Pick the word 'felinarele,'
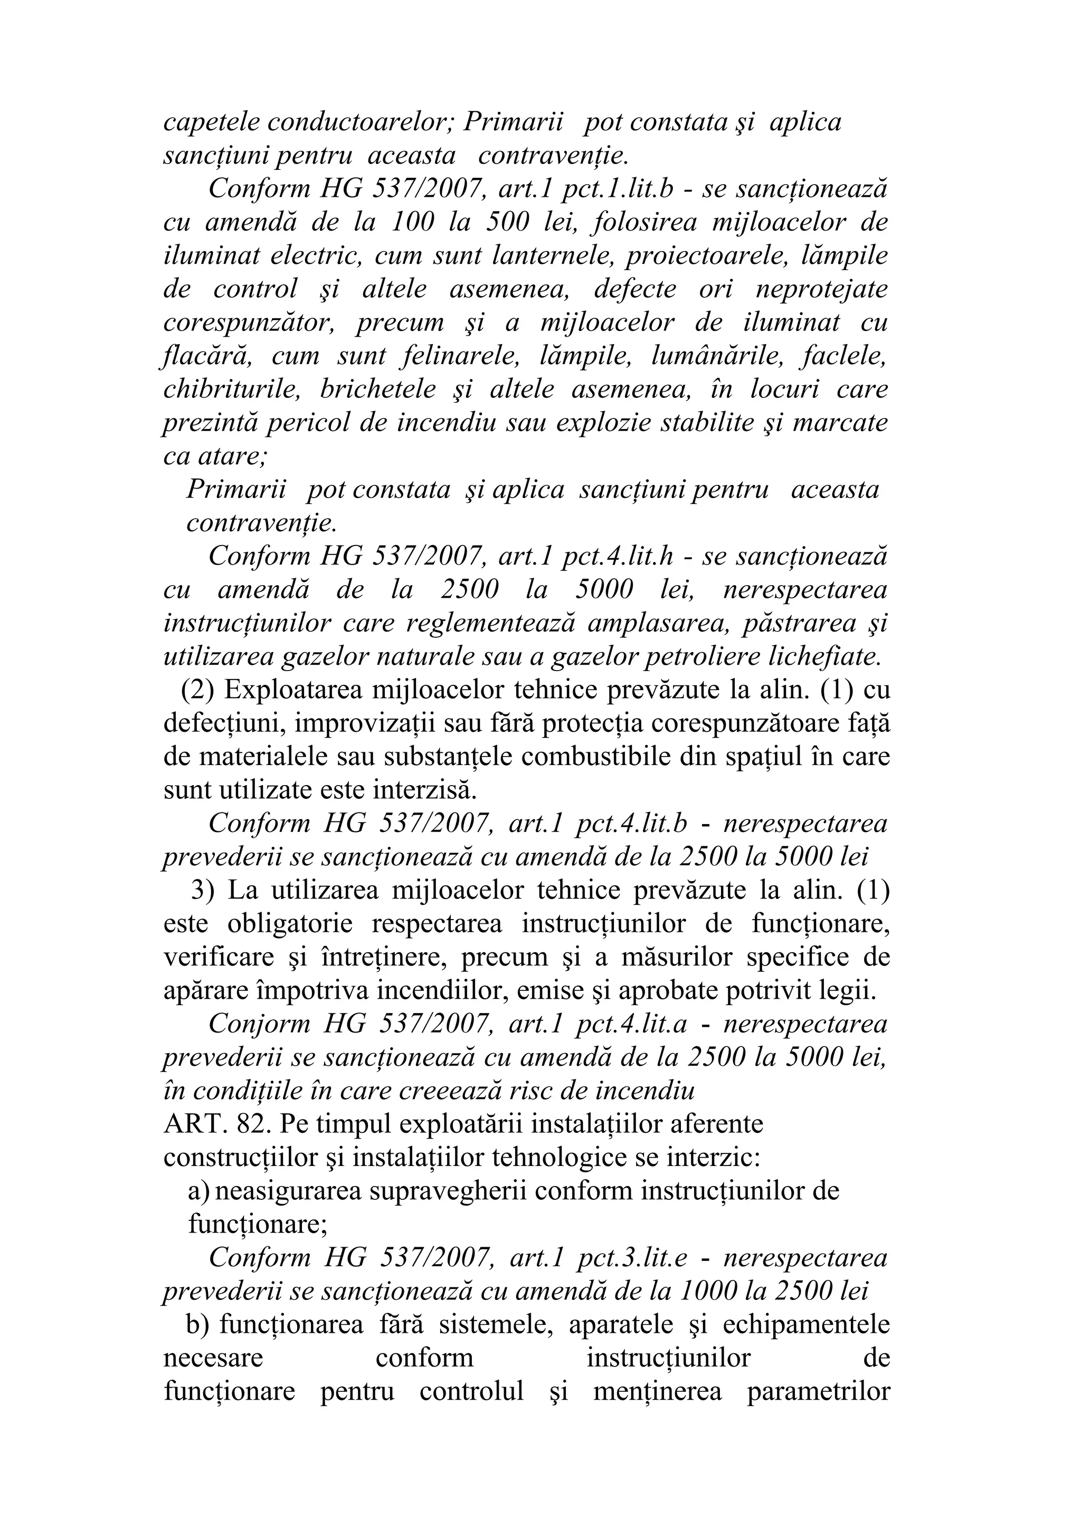point(461,356)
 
